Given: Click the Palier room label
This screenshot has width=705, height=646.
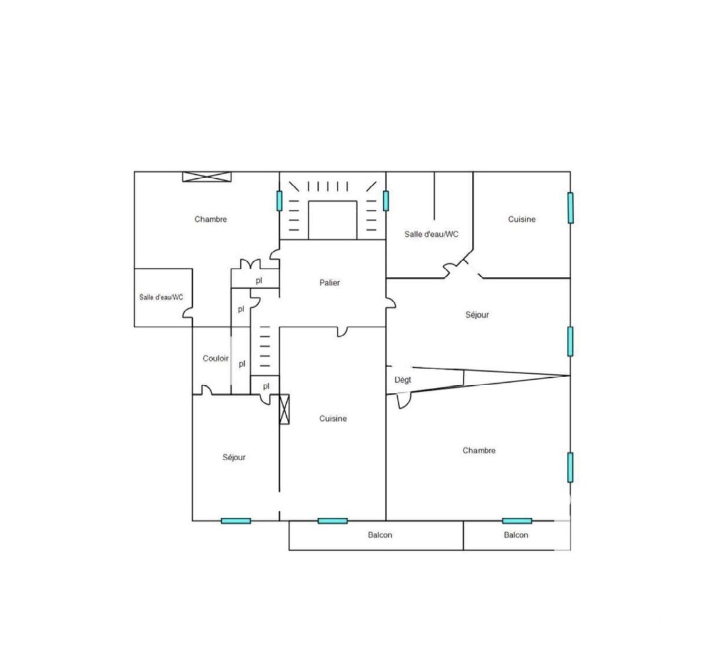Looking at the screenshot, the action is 330,283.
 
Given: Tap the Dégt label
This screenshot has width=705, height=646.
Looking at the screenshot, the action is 403,380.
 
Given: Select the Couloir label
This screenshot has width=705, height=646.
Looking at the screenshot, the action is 215,359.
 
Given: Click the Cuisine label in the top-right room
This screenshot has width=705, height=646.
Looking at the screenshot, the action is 522,219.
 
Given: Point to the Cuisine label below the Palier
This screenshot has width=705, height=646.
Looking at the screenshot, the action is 333,419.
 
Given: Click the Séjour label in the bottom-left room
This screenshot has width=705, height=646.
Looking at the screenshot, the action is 234,457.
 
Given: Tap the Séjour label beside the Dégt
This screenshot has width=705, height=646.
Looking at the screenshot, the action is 477,315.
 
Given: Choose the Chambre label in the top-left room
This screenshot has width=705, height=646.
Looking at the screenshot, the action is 210,219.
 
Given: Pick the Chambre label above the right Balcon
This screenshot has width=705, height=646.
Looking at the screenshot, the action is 479,450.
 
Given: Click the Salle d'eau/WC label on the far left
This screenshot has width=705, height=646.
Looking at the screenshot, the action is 161,297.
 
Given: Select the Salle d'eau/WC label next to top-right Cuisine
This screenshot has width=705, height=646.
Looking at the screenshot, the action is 431,234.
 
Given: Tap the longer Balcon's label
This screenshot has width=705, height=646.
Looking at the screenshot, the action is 380,535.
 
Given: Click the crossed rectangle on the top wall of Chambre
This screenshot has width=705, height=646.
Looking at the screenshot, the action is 207,177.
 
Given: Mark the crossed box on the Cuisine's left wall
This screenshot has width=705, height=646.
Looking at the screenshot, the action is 284,409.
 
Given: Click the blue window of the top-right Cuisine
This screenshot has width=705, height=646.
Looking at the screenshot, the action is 571,208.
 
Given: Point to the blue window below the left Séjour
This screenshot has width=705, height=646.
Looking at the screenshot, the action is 236,521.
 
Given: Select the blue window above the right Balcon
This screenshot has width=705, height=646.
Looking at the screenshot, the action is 517,521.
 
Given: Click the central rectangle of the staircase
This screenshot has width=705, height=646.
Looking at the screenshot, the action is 333,221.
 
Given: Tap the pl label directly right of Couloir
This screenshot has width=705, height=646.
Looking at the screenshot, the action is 242,364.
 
